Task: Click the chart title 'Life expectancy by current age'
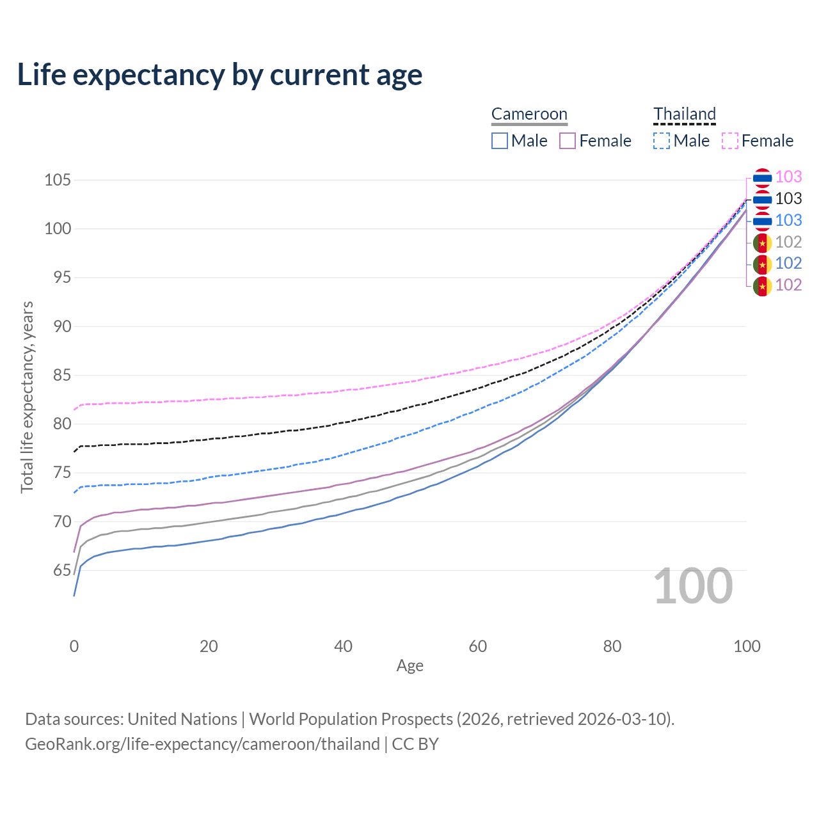219,74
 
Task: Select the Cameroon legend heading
529,114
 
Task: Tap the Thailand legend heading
684,114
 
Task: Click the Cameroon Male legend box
500,141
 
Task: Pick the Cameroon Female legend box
568,141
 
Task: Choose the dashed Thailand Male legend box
662,141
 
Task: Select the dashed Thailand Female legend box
730,141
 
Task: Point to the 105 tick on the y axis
58,180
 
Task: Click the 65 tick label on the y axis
58,570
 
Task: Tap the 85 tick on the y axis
58,375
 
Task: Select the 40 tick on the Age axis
343,646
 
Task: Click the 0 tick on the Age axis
74,646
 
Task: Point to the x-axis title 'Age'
409,666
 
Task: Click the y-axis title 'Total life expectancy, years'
27,397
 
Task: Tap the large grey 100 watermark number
693,586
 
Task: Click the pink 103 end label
788,177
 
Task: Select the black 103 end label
788,199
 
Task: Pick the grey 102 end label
788,242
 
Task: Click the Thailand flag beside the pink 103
762,178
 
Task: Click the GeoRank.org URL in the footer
202,744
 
